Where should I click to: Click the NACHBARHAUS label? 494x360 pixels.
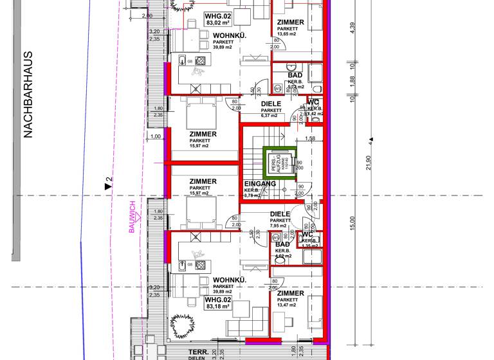click(x=28, y=95)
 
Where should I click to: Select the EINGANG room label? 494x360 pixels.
click(x=260, y=184)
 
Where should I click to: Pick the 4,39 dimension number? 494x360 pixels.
click(x=352, y=29)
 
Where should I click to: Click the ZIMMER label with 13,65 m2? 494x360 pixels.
click(x=291, y=22)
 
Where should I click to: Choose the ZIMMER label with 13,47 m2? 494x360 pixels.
click(x=291, y=293)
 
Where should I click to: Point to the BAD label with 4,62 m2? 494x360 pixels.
click(x=282, y=245)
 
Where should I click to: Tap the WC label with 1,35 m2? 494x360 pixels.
click(x=307, y=235)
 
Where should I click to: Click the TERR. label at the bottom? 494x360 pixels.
click(x=197, y=352)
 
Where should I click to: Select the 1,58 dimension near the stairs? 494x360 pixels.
click(x=309, y=138)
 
